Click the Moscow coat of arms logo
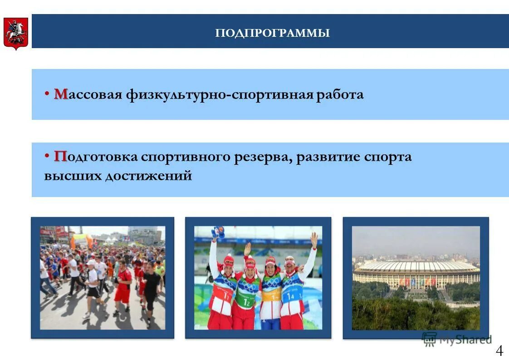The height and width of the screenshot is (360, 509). [15, 34]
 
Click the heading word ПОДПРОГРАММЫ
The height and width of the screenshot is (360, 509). [272, 33]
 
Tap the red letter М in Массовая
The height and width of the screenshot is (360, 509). [61, 94]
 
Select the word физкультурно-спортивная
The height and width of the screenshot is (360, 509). [219, 94]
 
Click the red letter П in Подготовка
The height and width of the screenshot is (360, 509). [60, 157]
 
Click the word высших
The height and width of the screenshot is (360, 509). [73, 176]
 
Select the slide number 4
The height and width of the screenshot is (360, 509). [499, 350]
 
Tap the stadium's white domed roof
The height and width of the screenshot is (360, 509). [416, 266]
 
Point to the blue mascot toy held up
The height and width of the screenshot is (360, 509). [218, 232]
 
